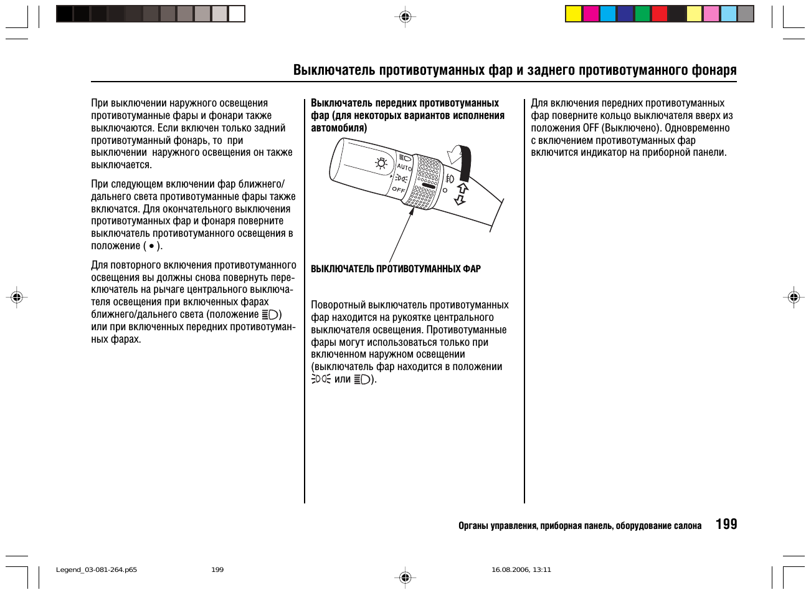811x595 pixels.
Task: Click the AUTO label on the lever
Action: click(x=404, y=167)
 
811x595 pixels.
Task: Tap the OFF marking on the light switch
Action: click(x=399, y=189)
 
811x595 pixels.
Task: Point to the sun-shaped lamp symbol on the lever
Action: click(x=381, y=164)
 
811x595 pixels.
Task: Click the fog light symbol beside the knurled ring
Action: click(x=450, y=179)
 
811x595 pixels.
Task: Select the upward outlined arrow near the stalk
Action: click(x=462, y=188)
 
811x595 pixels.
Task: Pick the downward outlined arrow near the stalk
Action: click(x=460, y=199)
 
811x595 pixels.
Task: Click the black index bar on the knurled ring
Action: click(x=428, y=185)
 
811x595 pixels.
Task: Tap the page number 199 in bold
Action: click(x=726, y=524)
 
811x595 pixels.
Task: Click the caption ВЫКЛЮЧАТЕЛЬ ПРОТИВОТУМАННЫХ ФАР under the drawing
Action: click(x=396, y=269)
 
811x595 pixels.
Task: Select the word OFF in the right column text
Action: click(x=590, y=128)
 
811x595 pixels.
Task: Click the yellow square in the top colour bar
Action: click(x=574, y=14)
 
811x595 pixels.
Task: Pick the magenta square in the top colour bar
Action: click(x=591, y=14)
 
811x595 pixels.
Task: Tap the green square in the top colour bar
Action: click(x=642, y=14)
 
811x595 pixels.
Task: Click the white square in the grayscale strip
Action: click(x=237, y=14)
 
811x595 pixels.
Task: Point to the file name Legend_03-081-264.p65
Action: click(x=97, y=569)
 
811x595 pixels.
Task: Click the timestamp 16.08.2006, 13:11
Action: click(x=521, y=569)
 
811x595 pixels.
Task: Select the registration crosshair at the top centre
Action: click(x=405, y=17)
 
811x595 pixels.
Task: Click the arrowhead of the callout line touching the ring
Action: click(x=412, y=211)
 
